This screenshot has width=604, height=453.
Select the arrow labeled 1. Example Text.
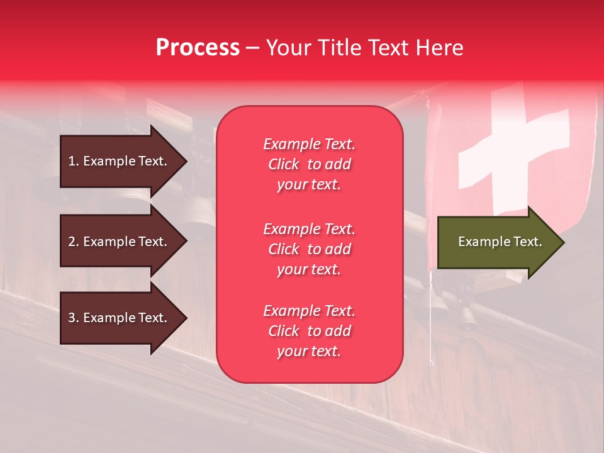[120, 162]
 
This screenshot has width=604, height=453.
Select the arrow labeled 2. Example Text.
[120, 242]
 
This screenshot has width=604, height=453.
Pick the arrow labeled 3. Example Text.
[120, 318]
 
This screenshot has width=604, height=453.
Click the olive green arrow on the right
[497, 242]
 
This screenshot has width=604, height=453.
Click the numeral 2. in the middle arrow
[74, 242]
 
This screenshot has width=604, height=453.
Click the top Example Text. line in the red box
[309, 144]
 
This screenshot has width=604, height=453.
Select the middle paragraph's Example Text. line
[309, 228]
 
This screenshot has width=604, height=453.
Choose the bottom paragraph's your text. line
[309, 352]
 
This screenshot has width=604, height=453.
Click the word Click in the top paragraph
[283, 164]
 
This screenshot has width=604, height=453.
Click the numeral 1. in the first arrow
[74, 162]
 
